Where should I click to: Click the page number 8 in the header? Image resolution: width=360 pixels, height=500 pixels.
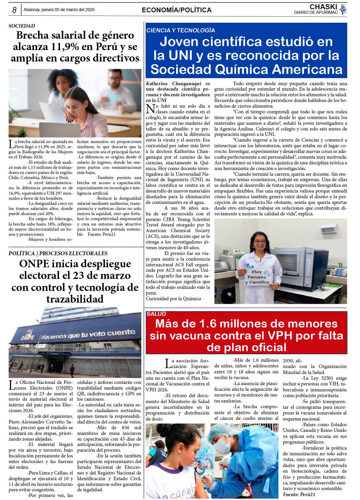pos(14,10)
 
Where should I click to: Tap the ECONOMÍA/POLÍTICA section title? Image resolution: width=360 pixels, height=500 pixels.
pos(176,10)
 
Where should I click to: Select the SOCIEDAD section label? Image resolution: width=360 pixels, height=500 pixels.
pos(22,26)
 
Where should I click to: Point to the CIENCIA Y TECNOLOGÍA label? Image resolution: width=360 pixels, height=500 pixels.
pos(181,30)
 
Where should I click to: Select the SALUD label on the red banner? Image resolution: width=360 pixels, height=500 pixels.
pos(156,314)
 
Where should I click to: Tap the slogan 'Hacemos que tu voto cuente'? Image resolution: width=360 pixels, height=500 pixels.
pos(88,334)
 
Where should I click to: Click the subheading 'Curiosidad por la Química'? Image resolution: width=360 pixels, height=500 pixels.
pos(173,298)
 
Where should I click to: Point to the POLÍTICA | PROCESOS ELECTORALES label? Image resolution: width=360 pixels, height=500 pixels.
pos(58,253)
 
